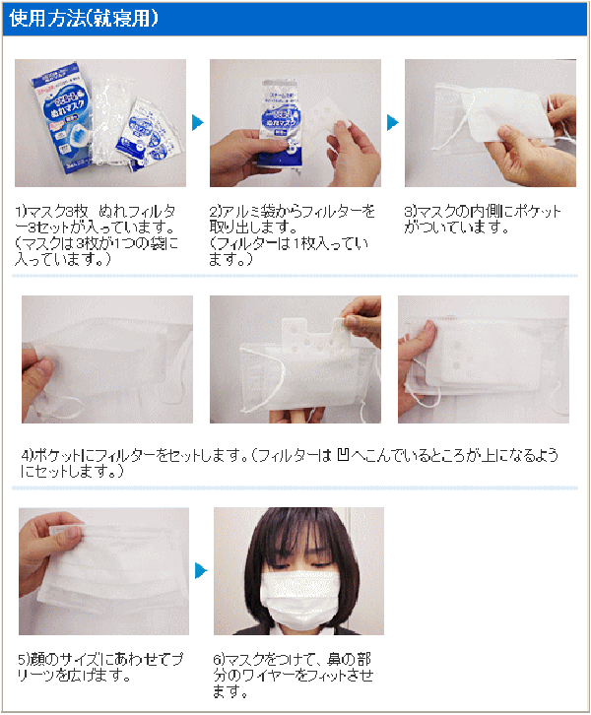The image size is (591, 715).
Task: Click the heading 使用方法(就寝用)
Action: tap(84, 19)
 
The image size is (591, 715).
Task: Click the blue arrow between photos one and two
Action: tap(197, 123)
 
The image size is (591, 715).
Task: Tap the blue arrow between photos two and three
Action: tap(392, 123)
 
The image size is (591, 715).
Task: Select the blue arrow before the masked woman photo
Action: tap(201, 570)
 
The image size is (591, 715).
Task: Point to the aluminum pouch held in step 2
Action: tap(280, 123)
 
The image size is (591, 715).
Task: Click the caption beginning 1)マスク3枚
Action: tap(97, 235)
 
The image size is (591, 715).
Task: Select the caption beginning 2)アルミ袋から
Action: tap(292, 235)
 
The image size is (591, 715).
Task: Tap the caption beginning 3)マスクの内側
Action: tap(483, 220)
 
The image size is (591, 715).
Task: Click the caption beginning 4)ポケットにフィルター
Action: tap(290, 463)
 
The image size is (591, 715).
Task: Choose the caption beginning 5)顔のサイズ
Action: tap(100, 667)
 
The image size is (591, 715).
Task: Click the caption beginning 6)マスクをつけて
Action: tap(293, 675)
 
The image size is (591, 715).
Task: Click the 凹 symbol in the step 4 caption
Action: tap(344, 455)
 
